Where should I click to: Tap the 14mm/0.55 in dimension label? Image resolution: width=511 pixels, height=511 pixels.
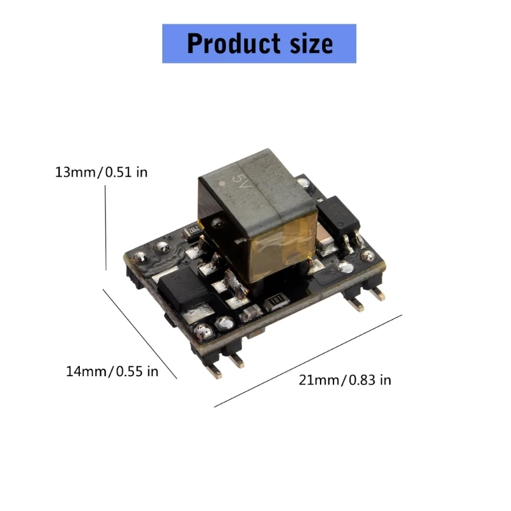(112, 371)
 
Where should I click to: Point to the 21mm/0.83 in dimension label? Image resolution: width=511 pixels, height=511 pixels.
(345, 380)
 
